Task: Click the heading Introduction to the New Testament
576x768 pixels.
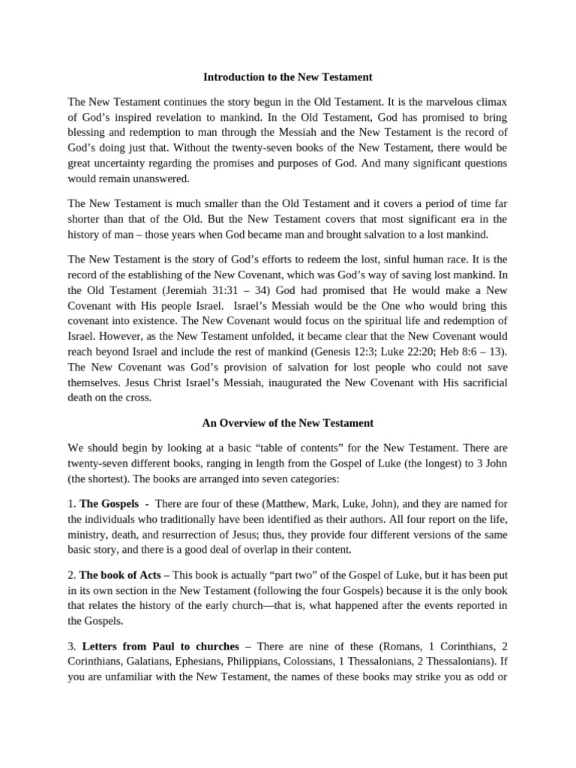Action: [288, 77]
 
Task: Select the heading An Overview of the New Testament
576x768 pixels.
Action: [288, 423]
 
